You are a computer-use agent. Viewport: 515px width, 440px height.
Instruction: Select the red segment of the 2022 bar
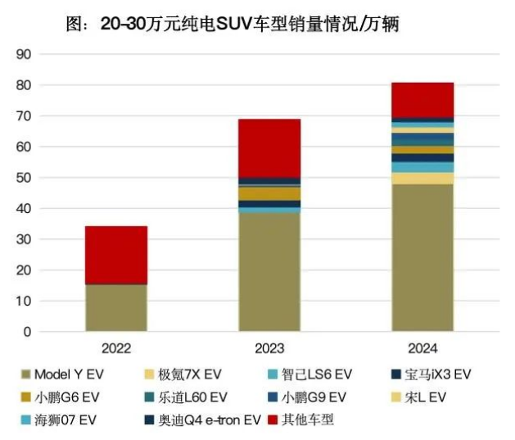(116, 255)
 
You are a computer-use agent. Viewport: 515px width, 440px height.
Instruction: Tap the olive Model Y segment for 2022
(116, 308)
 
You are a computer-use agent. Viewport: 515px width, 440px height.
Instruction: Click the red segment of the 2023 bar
(269, 147)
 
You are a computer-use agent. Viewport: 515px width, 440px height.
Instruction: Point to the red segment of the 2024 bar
(422, 99)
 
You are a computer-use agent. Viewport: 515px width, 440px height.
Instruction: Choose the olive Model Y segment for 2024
(422, 258)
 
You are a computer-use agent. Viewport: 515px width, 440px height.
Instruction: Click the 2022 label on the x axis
(116, 348)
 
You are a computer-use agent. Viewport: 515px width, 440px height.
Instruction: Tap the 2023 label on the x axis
(269, 348)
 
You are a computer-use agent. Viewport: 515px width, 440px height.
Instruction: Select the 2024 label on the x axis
(422, 348)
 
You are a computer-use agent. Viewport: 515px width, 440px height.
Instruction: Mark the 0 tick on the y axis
(27, 332)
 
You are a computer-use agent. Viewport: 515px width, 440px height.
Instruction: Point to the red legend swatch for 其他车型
(273, 420)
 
